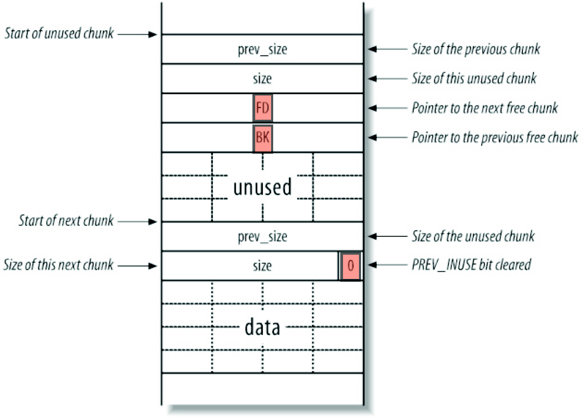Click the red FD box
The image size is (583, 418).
click(x=263, y=109)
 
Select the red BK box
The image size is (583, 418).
click(x=263, y=138)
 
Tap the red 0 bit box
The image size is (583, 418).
click(x=351, y=266)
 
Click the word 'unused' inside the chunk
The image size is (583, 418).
click(x=263, y=187)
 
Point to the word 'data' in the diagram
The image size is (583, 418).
click(x=263, y=327)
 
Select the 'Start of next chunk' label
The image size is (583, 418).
click(x=67, y=221)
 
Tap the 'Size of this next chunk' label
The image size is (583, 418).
click(x=59, y=265)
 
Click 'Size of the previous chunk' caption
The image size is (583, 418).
click(x=476, y=49)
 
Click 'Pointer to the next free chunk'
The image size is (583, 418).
click(x=485, y=108)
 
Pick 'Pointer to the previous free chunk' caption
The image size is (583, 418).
click(x=494, y=137)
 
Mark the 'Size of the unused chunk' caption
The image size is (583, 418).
click(x=473, y=237)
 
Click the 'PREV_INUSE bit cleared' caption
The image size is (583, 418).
click(x=471, y=265)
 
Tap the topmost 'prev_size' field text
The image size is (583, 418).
click(x=263, y=50)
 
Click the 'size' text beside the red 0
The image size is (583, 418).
click(x=263, y=266)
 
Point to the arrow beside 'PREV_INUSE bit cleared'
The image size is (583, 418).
click(x=387, y=265)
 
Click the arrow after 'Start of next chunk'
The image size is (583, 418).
click(x=138, y=221)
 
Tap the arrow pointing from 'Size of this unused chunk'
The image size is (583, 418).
click(x=387, y=78)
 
